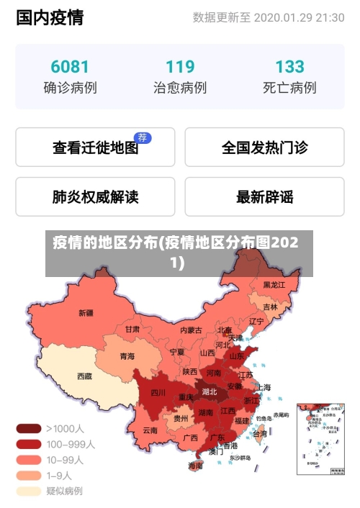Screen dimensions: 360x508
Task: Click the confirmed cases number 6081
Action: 70,67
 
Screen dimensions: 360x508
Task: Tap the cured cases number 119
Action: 180,67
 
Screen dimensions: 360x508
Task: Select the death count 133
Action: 289,67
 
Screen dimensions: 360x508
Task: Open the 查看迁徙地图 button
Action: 95,148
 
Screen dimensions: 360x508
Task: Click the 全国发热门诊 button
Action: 264,148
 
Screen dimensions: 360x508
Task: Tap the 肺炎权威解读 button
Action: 95,196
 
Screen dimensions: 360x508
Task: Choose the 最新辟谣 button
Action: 264,196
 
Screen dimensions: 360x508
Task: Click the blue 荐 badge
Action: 143,137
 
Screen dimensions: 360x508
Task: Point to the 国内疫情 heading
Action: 50,17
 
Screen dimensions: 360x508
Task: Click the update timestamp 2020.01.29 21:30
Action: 299,17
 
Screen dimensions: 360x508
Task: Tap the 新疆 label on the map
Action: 86,313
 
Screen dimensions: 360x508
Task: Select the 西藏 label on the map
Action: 84,376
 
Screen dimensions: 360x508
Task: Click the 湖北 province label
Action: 210,392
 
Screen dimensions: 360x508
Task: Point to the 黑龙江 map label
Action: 274,285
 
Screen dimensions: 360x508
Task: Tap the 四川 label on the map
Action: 158,393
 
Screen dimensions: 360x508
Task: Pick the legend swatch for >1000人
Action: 29,428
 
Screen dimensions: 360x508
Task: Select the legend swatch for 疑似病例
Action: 29,491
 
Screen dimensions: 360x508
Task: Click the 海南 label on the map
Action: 195,466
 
